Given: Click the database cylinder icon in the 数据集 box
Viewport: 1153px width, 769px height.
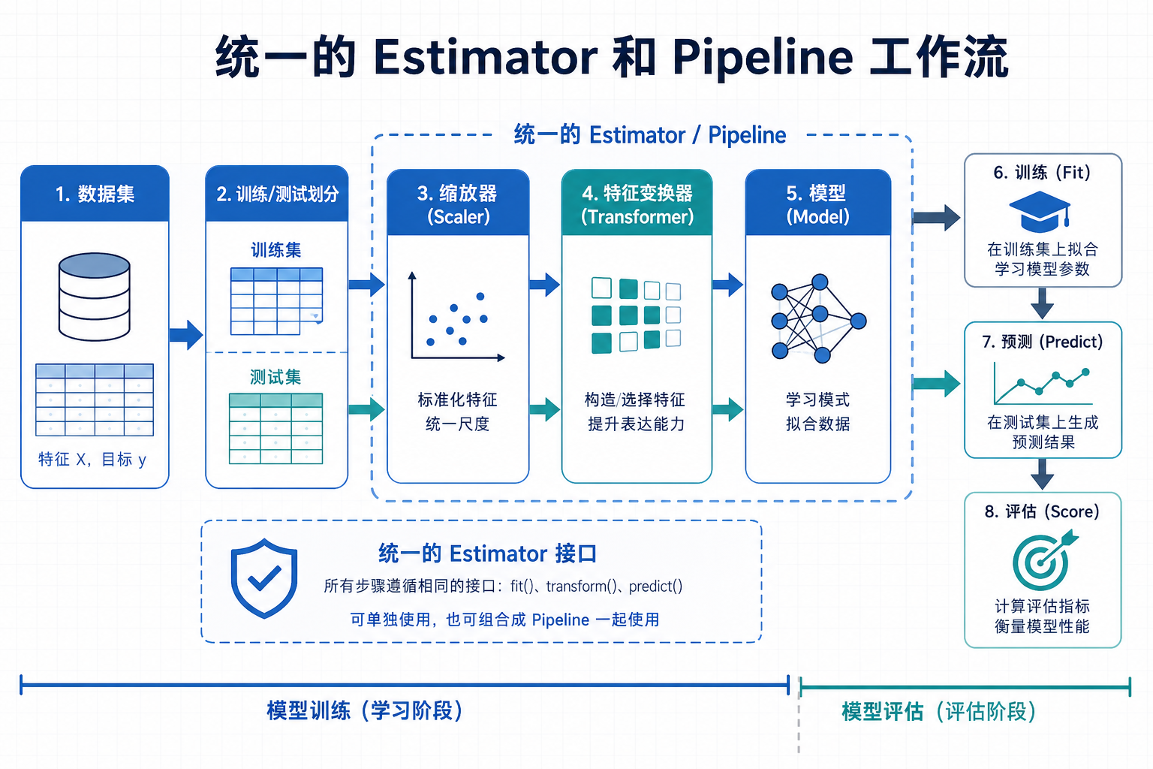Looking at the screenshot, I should [95, 297].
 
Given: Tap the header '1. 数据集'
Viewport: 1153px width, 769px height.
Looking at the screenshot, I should [95, 194].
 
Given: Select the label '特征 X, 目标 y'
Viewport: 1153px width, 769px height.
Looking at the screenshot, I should [92, 459].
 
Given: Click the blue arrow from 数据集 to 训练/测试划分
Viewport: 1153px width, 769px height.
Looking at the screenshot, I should [185, 335].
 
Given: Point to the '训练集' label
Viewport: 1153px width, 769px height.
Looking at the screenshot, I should [275, 250].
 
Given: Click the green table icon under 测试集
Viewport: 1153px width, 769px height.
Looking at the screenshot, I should [275, 429].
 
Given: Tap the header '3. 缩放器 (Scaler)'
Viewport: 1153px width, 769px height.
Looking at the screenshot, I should [458, 204].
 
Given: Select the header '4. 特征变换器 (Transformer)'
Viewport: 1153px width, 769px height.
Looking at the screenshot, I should [637, 204].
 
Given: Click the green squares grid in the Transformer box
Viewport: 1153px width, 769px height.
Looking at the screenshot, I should [636, 315].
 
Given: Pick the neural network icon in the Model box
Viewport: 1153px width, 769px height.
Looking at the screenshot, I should [817, 318].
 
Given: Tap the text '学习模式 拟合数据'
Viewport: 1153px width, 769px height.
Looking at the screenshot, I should [817, 412].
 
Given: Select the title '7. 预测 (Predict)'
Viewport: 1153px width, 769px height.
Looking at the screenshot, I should [1042, 342].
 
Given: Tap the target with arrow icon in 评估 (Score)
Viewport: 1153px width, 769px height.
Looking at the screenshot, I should [1043, 560].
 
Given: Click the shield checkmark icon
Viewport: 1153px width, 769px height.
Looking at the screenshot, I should [263, 578].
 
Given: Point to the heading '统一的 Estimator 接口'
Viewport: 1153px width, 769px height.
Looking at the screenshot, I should [487, 553].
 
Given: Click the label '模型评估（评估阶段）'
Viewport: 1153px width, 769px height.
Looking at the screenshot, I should [938, 711].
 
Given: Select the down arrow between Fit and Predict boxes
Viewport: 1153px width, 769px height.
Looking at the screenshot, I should [1042, 304].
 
